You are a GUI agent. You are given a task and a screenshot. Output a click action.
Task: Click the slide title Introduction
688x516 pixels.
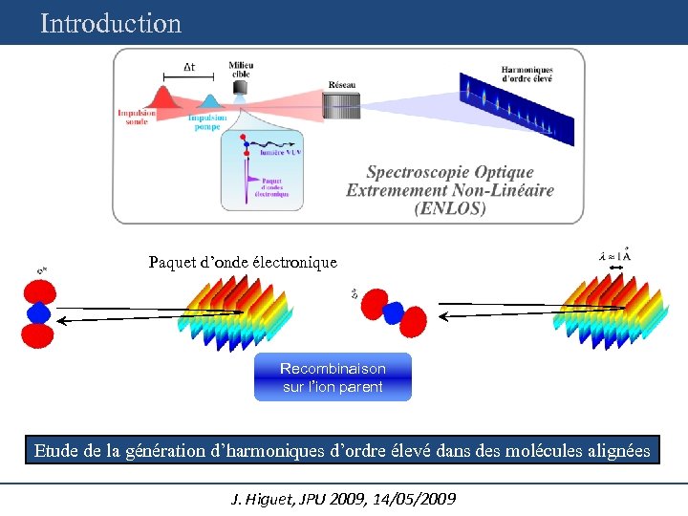(x=111, y=23)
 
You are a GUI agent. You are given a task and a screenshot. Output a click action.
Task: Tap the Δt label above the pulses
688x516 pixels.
(x=189, y=67)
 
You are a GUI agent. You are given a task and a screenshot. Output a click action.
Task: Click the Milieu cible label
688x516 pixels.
(x=241, y=70)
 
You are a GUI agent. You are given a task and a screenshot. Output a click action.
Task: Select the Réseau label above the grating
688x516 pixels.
(x=341, y=85)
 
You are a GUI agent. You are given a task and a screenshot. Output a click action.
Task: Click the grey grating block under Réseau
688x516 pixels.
(x=341, y=105)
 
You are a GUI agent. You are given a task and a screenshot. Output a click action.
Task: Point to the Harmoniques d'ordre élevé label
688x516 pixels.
(x=527, y=74)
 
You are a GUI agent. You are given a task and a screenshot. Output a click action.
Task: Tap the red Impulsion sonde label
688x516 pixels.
(x=139, y=117)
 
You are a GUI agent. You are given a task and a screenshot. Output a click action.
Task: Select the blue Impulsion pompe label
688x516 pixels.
(x=207, y=122)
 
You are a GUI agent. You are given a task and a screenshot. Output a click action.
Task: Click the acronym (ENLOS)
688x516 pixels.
(x=449, y=207)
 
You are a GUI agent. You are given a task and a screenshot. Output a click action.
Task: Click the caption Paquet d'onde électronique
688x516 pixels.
(x=243, y=262)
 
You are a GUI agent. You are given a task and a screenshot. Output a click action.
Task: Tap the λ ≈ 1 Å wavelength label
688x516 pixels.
(x=614, y=256)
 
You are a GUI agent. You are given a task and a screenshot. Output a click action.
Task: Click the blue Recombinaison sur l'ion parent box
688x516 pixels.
(x=333, y=377)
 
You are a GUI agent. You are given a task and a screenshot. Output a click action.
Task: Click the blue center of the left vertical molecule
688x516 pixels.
(x=38, y=313)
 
